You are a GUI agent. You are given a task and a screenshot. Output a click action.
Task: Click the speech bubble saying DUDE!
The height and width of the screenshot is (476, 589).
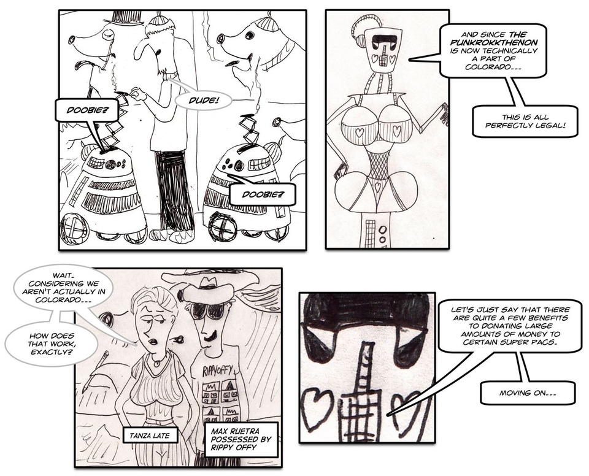203,101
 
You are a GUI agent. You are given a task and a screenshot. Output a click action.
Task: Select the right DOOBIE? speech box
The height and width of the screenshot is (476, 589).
263,194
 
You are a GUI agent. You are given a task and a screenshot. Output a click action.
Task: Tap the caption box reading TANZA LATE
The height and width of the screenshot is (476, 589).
150,436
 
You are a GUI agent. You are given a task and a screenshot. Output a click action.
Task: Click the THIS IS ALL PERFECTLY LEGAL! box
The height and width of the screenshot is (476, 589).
525,121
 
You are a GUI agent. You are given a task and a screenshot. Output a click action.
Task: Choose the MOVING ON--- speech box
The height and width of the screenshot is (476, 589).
528,393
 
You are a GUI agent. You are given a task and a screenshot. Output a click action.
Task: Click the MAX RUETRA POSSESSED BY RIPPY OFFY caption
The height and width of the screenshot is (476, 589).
241,439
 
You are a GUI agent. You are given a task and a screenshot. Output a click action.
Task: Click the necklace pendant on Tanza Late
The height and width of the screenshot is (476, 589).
156,363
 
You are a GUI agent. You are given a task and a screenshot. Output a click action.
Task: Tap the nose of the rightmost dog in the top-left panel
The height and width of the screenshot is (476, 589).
221,37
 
